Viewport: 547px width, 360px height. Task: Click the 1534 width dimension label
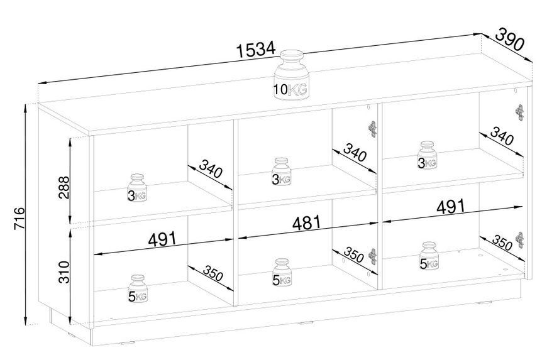click(x=256, y=50)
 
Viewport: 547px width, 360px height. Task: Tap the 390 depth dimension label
click(x=510, y=40)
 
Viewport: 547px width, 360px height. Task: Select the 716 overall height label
click(x=19, y=219)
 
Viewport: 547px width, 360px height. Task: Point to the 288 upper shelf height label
click(x=64, y=187)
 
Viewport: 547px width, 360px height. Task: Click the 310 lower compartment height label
click(x=64, y=272)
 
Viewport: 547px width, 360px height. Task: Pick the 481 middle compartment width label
click(x=306, y=223)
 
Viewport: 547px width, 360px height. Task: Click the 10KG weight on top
click(x=290, y=75)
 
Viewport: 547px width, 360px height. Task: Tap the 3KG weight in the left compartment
click(x=137, y=188)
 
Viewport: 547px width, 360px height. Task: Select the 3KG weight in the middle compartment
click(x=282, y=172)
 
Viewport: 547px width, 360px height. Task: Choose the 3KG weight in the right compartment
click(x=428, y=155)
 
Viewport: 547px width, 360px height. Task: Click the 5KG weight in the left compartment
click(x=138, y=289)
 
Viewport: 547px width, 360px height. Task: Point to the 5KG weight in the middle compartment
click(x=282, y=273)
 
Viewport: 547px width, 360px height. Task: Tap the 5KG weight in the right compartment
click(x=429, y=256)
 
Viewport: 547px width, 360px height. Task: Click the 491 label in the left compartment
click(x=162, y=239)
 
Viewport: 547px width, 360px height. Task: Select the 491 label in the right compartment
click(x=451, y=207)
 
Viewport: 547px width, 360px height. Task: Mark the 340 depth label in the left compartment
click(x=211, y=168)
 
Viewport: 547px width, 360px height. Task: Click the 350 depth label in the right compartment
click(x=503, y=243)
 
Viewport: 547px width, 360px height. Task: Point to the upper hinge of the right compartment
click(x=519, y=112)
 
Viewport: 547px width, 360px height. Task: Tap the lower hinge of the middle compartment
click(x=373, y=257)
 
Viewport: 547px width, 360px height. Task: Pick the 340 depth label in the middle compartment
click(x=355, y=152)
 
